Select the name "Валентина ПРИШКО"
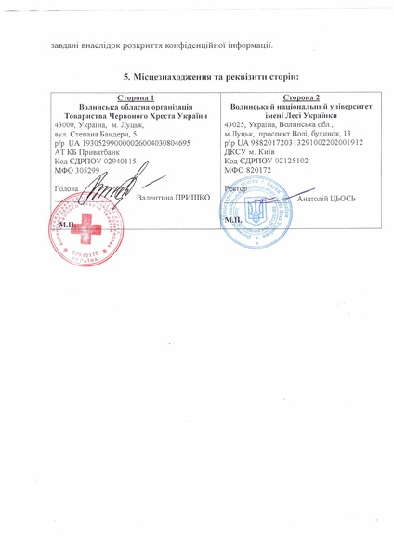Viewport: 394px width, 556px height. tap(173, 199)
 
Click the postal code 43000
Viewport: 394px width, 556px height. tap(66, 124)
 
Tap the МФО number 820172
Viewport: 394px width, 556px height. tap(261, 170)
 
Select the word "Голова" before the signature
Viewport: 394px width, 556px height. tap(67, 188)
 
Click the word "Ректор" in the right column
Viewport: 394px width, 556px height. tap(237, 188)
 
